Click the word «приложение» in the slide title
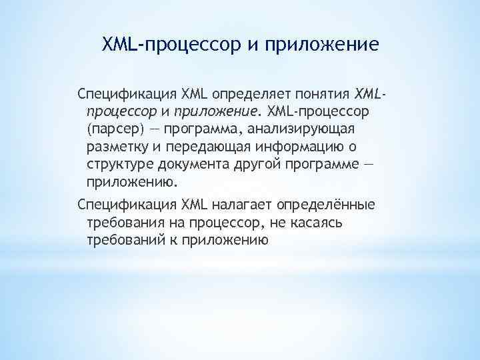322,45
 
